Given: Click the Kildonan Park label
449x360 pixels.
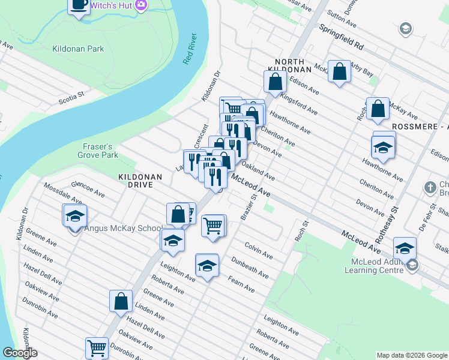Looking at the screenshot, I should click(x=78, y=49).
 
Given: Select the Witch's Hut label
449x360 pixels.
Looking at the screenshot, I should click(x=111, y=5).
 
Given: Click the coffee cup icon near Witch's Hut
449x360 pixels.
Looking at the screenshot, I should click(x=78, y=6).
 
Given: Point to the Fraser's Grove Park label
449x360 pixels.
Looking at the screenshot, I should click(x=98, y=151).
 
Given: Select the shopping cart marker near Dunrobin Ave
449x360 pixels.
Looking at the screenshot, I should click(x=96, y=347).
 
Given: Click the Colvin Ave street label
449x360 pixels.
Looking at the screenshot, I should click(x=259, y=250).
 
